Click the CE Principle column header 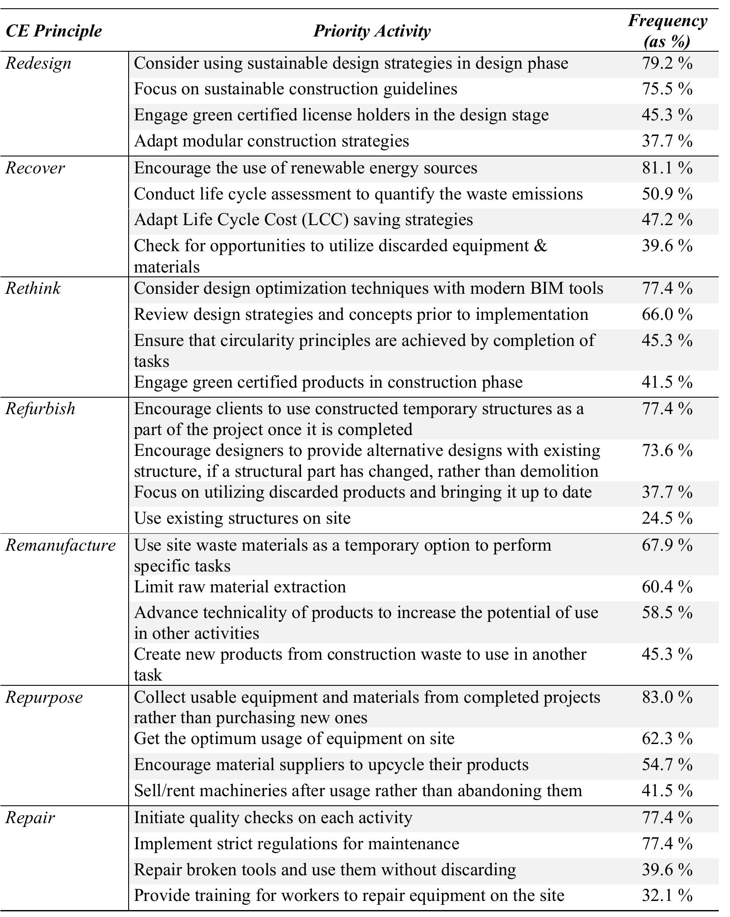click(x=53, y=31)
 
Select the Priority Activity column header click(x=372, y=31)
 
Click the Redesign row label click(x=38, y=63)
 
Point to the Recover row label click(x=35, y=168)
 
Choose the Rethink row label click(x=33, y=288)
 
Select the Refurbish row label click(x=40, y=409)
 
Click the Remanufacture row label click(x=60, y=545)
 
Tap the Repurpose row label click(x=44, y=697)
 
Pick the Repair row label click(x=30, y=817)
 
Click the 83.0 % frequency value click(x=667, y=697)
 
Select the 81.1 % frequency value click(x=667, y=168)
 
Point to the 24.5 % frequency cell click(x=667, y=518)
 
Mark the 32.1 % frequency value click(x=667, y=895)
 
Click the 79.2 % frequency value click(x=667, y=63)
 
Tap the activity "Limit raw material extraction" click(x=240, y=587)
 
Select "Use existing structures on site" click(x=242, y=518)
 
